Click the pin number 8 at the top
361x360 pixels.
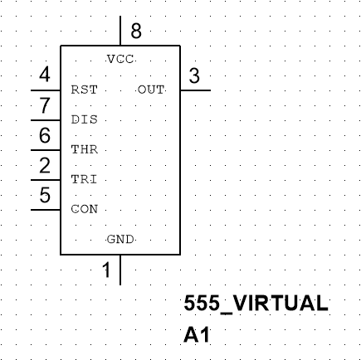135,32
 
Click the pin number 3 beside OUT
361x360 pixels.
194,76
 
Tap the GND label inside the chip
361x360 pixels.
121,239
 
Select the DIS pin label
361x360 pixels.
84,119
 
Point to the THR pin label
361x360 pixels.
84,150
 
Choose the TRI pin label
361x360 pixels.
84,179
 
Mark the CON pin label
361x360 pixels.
84,209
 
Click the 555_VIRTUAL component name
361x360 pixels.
255,303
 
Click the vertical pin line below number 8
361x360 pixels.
121,31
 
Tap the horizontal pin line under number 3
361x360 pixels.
197,90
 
